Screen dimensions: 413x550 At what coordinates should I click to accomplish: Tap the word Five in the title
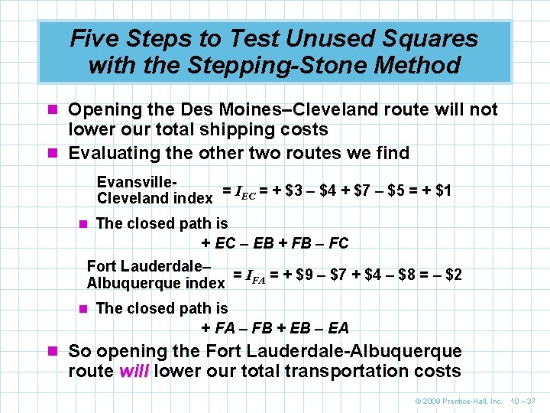tap(97, 38)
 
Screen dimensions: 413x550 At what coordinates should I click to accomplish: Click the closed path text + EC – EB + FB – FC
tap(274, 243)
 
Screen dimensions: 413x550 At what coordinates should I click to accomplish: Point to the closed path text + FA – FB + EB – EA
tap(274, 328)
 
